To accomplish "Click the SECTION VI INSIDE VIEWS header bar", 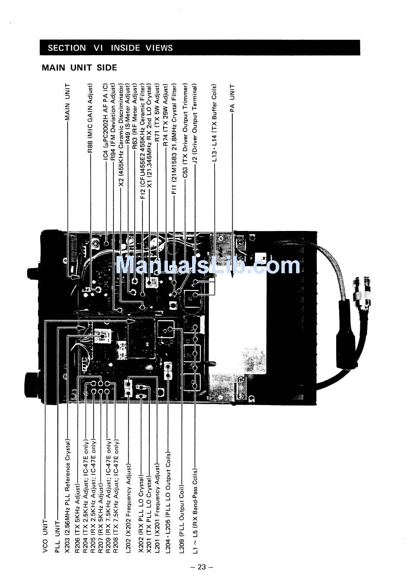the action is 199,47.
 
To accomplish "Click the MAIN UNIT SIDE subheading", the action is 79,68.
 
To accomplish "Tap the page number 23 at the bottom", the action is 202,567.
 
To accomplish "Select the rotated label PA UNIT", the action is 233,99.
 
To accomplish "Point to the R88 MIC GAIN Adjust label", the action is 90,122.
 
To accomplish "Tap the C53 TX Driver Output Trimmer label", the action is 185,131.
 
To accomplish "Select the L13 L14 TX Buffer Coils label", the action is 214,123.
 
